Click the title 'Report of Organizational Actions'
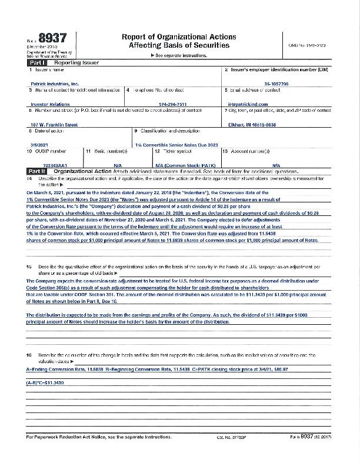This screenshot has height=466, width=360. [171, 36]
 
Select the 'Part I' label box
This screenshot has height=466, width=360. [38, 62]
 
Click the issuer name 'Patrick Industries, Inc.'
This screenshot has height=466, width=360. [54, 84]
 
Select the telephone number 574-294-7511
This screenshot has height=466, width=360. [173, 104]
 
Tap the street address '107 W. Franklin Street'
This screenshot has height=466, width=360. [54, 124]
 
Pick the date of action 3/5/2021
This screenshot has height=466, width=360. [39, 144]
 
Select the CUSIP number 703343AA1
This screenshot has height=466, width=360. [46, 165]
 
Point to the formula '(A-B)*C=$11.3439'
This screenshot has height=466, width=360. [45, 382]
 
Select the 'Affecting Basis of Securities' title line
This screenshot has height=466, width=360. [171, 46]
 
